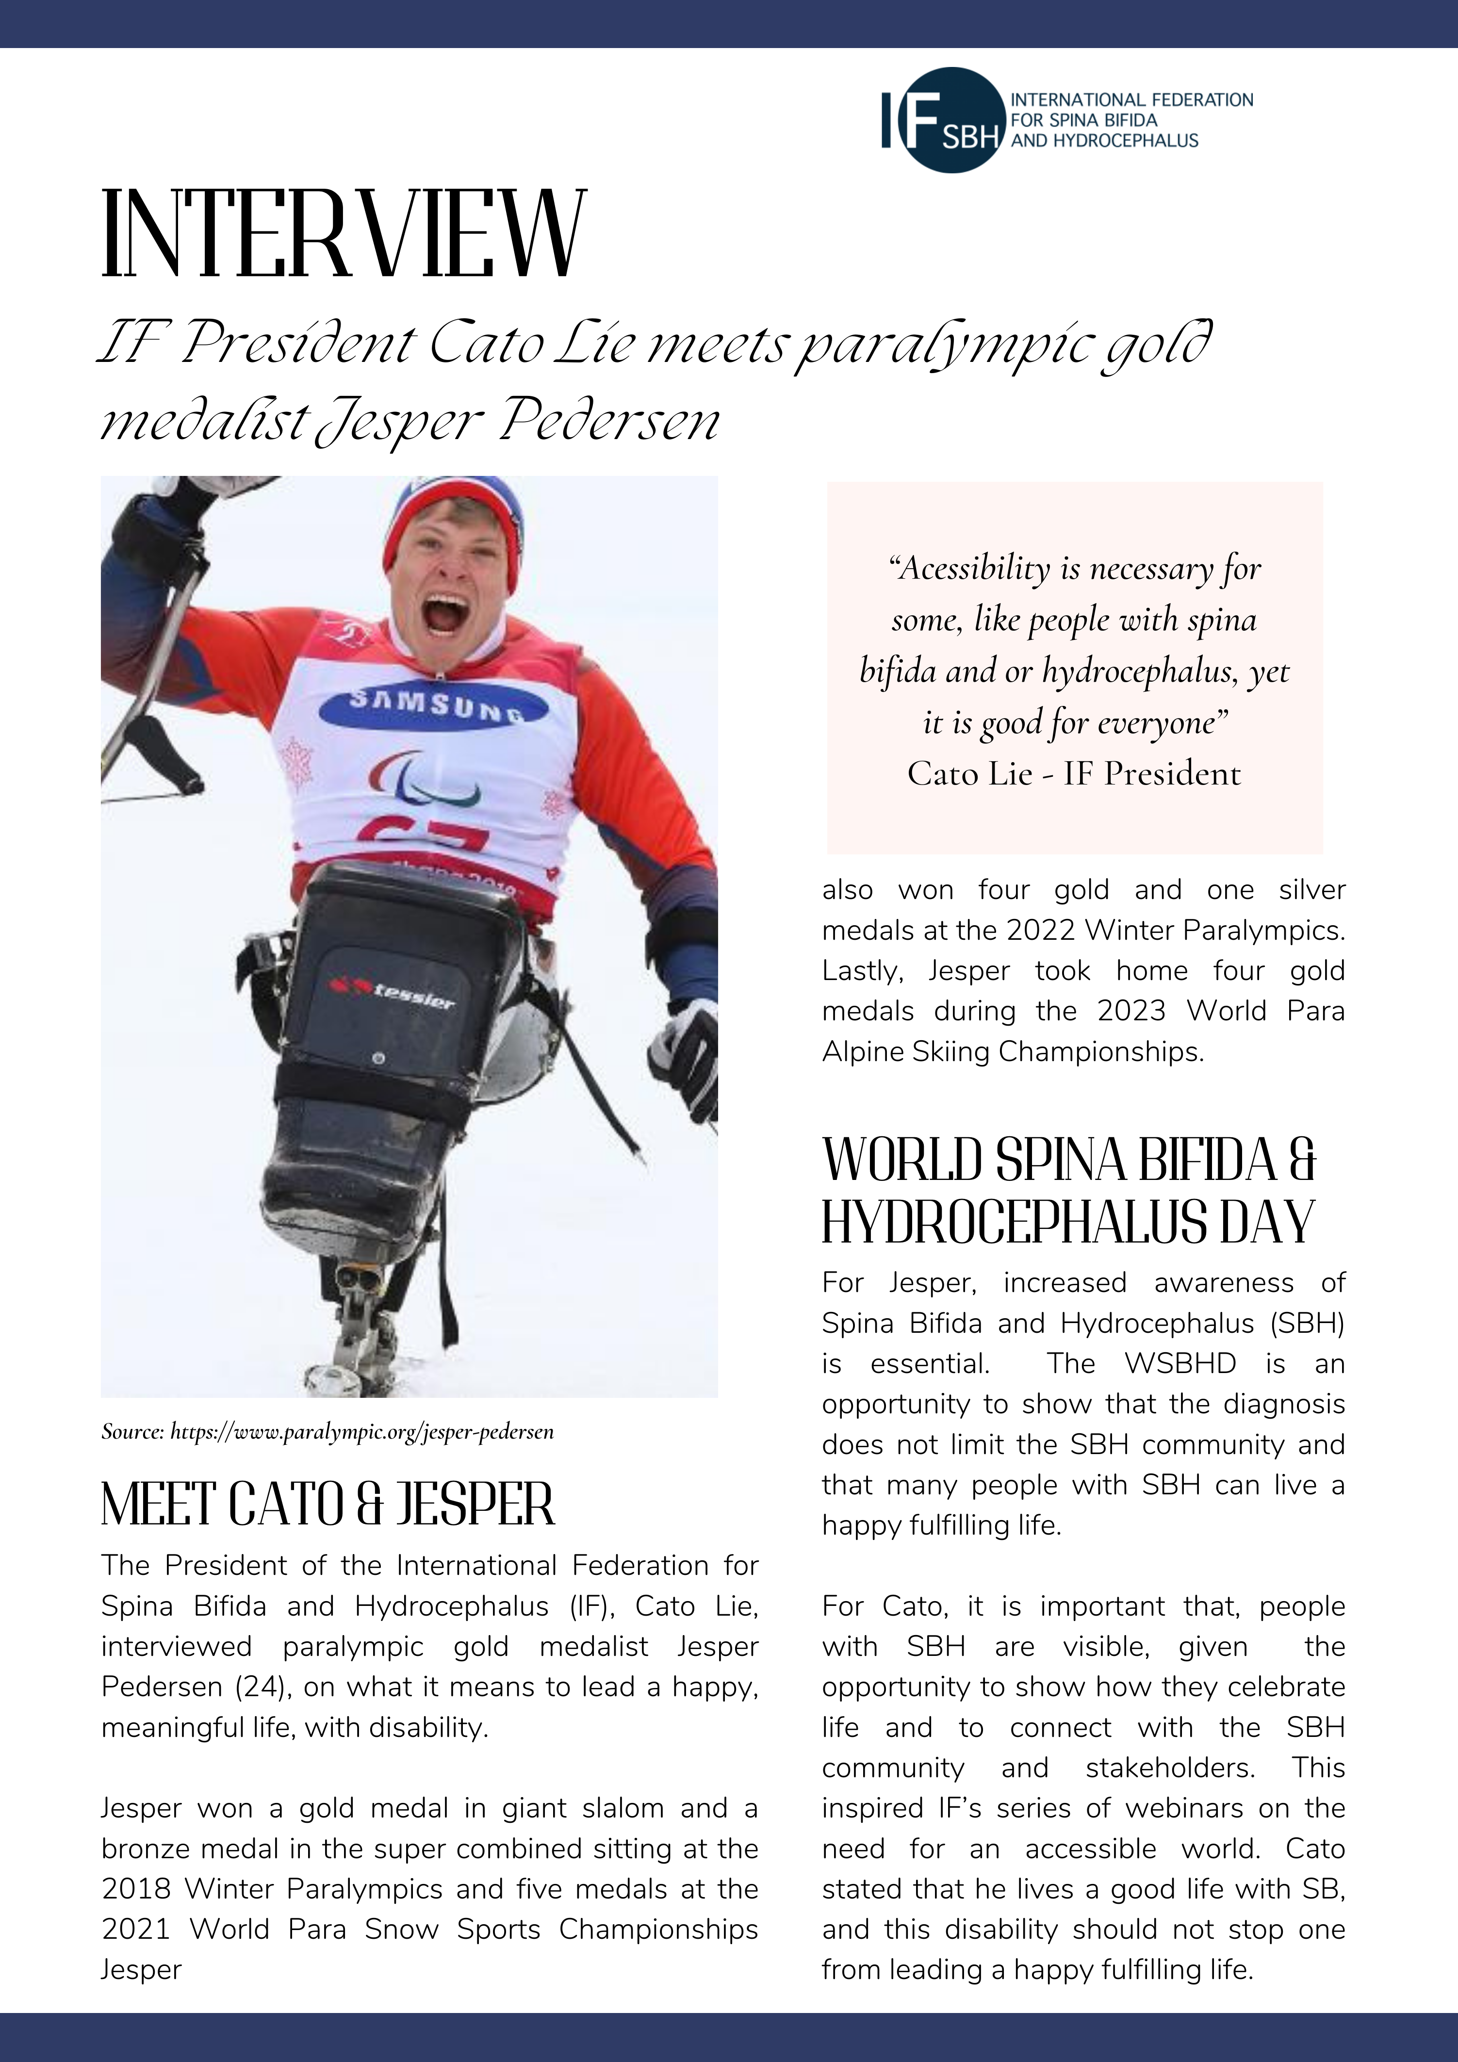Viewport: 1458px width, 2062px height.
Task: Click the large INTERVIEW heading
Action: [343, 235]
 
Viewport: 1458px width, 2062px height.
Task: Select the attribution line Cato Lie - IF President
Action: [1074, 773]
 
